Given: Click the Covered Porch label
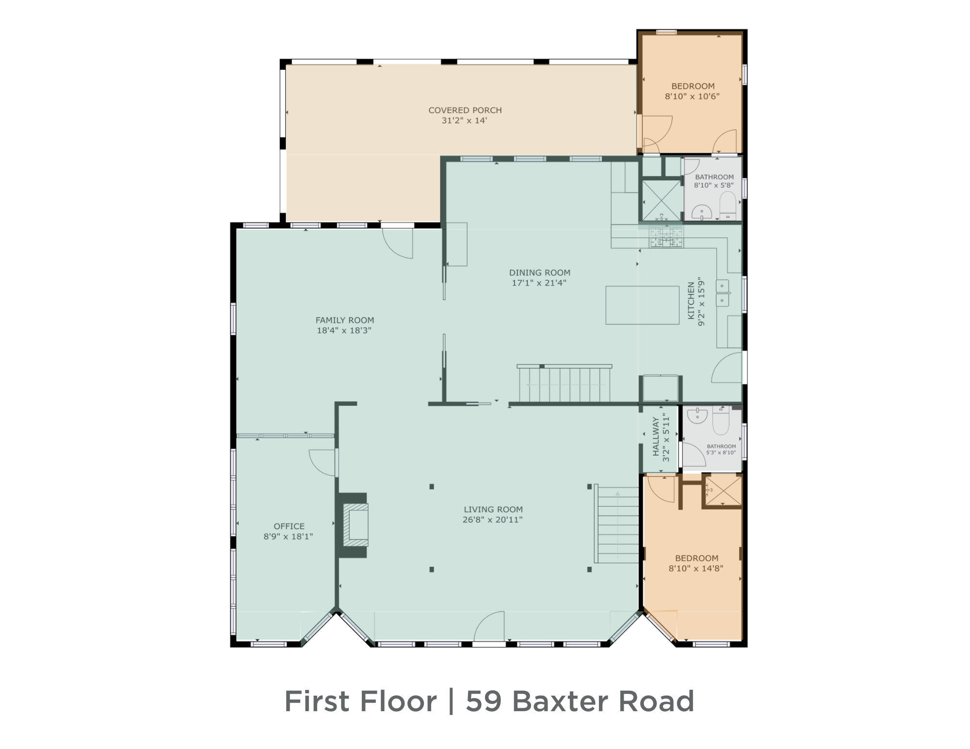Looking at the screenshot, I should [x=465, y=110].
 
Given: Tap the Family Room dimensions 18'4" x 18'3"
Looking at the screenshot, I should [x=344, y=331].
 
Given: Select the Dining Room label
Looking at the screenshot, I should [x=539, y=272].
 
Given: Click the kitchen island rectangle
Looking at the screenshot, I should [x=642, y=305].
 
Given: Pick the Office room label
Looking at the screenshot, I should [x=289, y=526].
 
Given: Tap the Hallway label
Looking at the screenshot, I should [x=656, y=436].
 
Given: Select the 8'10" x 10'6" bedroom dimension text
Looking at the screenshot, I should [x=692, y=96].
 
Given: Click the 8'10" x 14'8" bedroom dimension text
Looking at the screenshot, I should [x=696, y=569].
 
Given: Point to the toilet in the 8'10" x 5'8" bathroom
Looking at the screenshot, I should [x=727, y=206].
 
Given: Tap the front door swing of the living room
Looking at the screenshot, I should [x=490, y=626].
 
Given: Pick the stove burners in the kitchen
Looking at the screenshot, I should [x=666, y=237].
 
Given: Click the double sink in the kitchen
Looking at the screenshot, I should [x=722, y=293].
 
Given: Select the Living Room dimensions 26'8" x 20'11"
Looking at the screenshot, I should [x=492, y=520].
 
